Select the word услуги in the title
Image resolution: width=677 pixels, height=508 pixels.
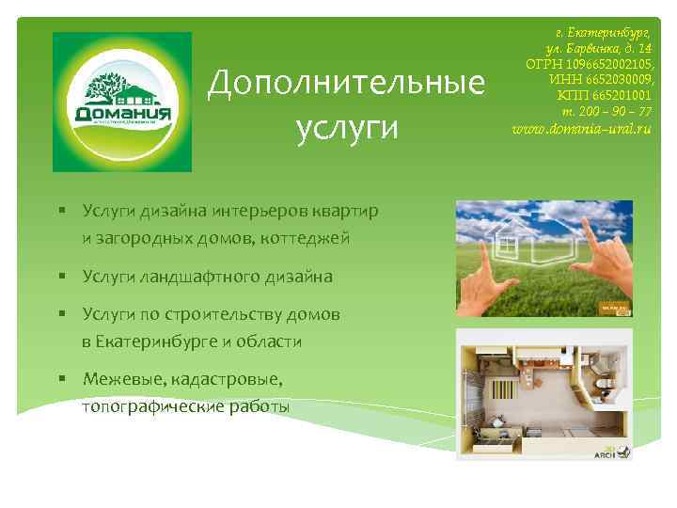click(x=346, y=126)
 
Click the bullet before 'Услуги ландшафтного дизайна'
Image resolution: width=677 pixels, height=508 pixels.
click(x=58, y=277)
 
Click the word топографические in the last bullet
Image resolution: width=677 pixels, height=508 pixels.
click(x=153, y=406)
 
